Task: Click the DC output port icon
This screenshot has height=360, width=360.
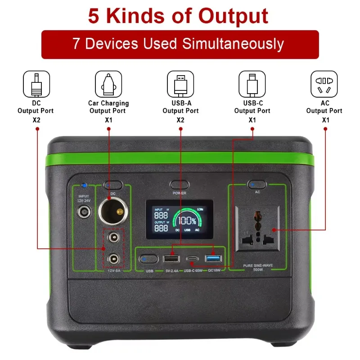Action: coord(36,83)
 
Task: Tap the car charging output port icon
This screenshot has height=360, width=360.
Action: coord(108,83)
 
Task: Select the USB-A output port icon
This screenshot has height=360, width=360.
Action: coord(180,83)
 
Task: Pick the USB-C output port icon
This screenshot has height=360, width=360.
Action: coord(252,83)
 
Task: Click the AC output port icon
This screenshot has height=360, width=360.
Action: coord(324,83)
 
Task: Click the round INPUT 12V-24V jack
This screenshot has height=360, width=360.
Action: coord(83,212)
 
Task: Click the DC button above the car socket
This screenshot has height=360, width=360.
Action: coord(113,185)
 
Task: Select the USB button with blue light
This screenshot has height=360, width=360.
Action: coord(148,259)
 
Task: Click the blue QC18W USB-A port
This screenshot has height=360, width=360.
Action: coord(213,259)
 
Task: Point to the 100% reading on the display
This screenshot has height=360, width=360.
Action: coord(186,221)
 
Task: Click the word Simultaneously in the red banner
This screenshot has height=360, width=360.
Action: coord(233,44)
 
